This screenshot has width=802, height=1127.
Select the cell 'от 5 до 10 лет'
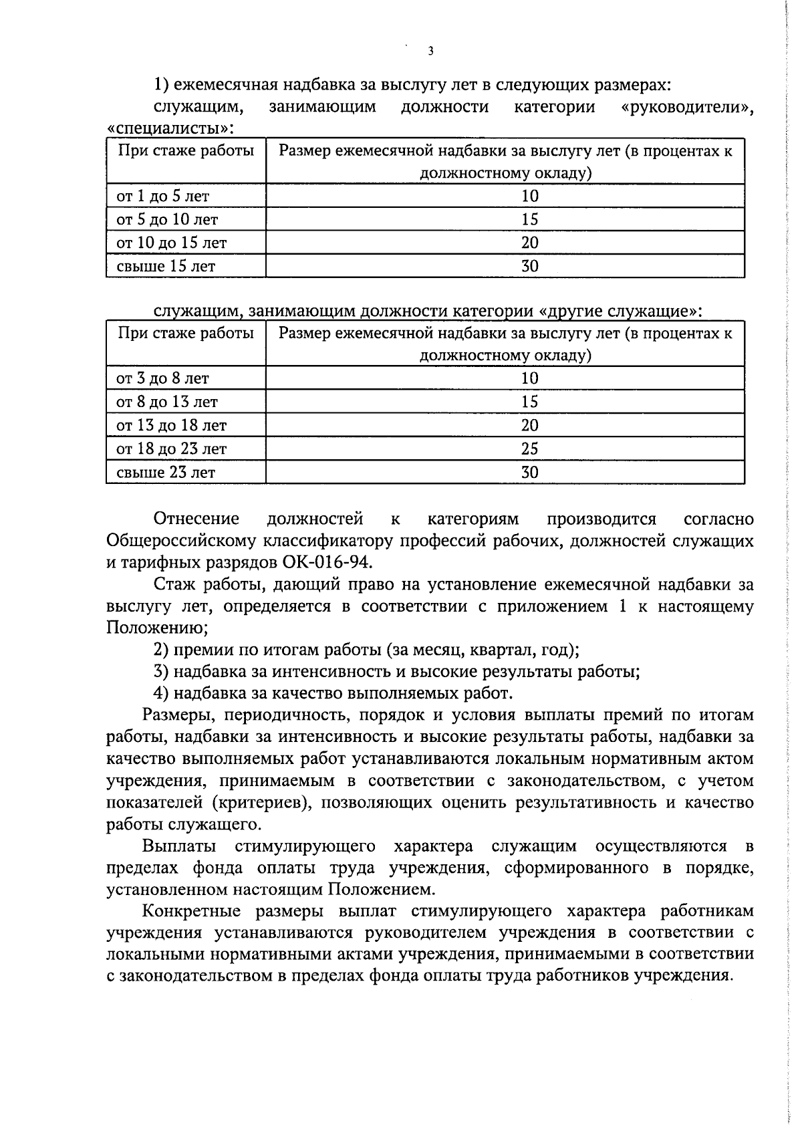[167, 220]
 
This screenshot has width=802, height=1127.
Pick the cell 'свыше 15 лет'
[166, 267]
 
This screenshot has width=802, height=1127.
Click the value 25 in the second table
[529, 449]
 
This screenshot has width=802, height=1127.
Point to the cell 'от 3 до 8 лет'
[162, 379]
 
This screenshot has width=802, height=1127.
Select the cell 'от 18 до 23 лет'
[171, 449]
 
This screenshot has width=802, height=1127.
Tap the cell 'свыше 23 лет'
[166, 473]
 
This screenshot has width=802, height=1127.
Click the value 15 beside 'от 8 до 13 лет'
[529, 402]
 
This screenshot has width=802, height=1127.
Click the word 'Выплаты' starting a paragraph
[179, 846]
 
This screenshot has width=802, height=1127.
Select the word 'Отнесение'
[196, 519]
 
